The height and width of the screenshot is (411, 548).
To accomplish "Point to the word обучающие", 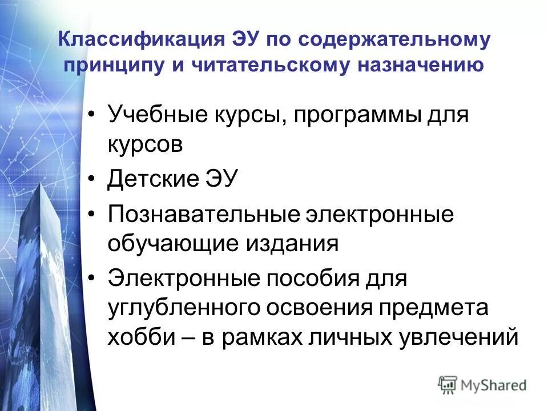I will pos(172,244).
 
